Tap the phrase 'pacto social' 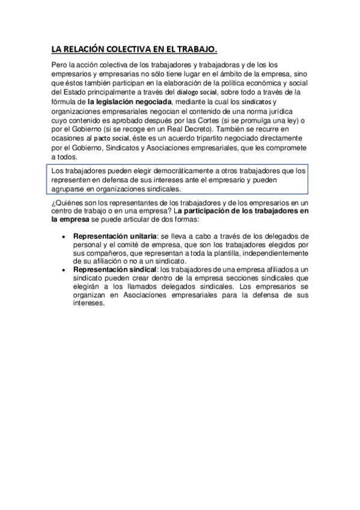click(111, 138)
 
